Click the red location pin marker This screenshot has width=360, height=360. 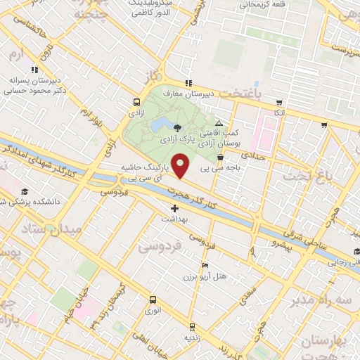pyautogui.click(x=181, y=165)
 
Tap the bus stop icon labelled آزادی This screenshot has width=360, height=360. pyautogui.click(x=134, y=102)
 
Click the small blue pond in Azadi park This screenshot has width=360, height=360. pyautogui.click(x=159, y=126)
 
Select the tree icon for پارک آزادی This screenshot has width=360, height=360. pyautogui.click(x=176, y=127)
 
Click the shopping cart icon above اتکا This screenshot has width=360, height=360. pyautogui.click(x=279, y=102)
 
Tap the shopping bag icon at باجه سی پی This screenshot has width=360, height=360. pyautogui.click(x=221, y=158)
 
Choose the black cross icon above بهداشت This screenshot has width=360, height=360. pyautogui.click(x=174, y=208)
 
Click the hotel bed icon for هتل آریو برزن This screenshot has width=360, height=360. pyautogui.click(x=205, y=265)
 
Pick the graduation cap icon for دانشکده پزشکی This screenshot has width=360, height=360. pyautogui.click(x=25, y=191)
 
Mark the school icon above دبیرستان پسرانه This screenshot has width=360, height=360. pyautogui.click(x=34, y=70)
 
